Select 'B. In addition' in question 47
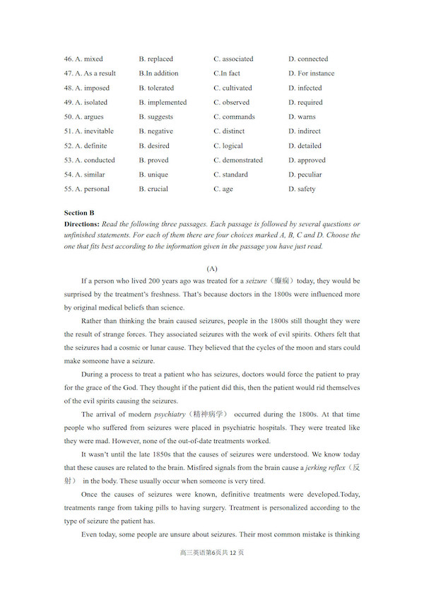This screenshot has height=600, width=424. pyautogui.click(x=158, y=73)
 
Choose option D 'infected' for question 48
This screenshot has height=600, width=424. pyautogui.click(x=305, y=88)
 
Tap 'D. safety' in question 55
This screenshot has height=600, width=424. pyautogui.click(x=302, y=189)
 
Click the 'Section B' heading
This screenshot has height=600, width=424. pyautogui.click(x=79, y=213)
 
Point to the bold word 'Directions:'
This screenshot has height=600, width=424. pyautogui.click(x=83, y=224)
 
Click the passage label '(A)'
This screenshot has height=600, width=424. pyautogui.click(x=212, y=269)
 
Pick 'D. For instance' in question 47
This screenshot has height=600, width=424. pyautogui.click(x=311, y=73)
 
